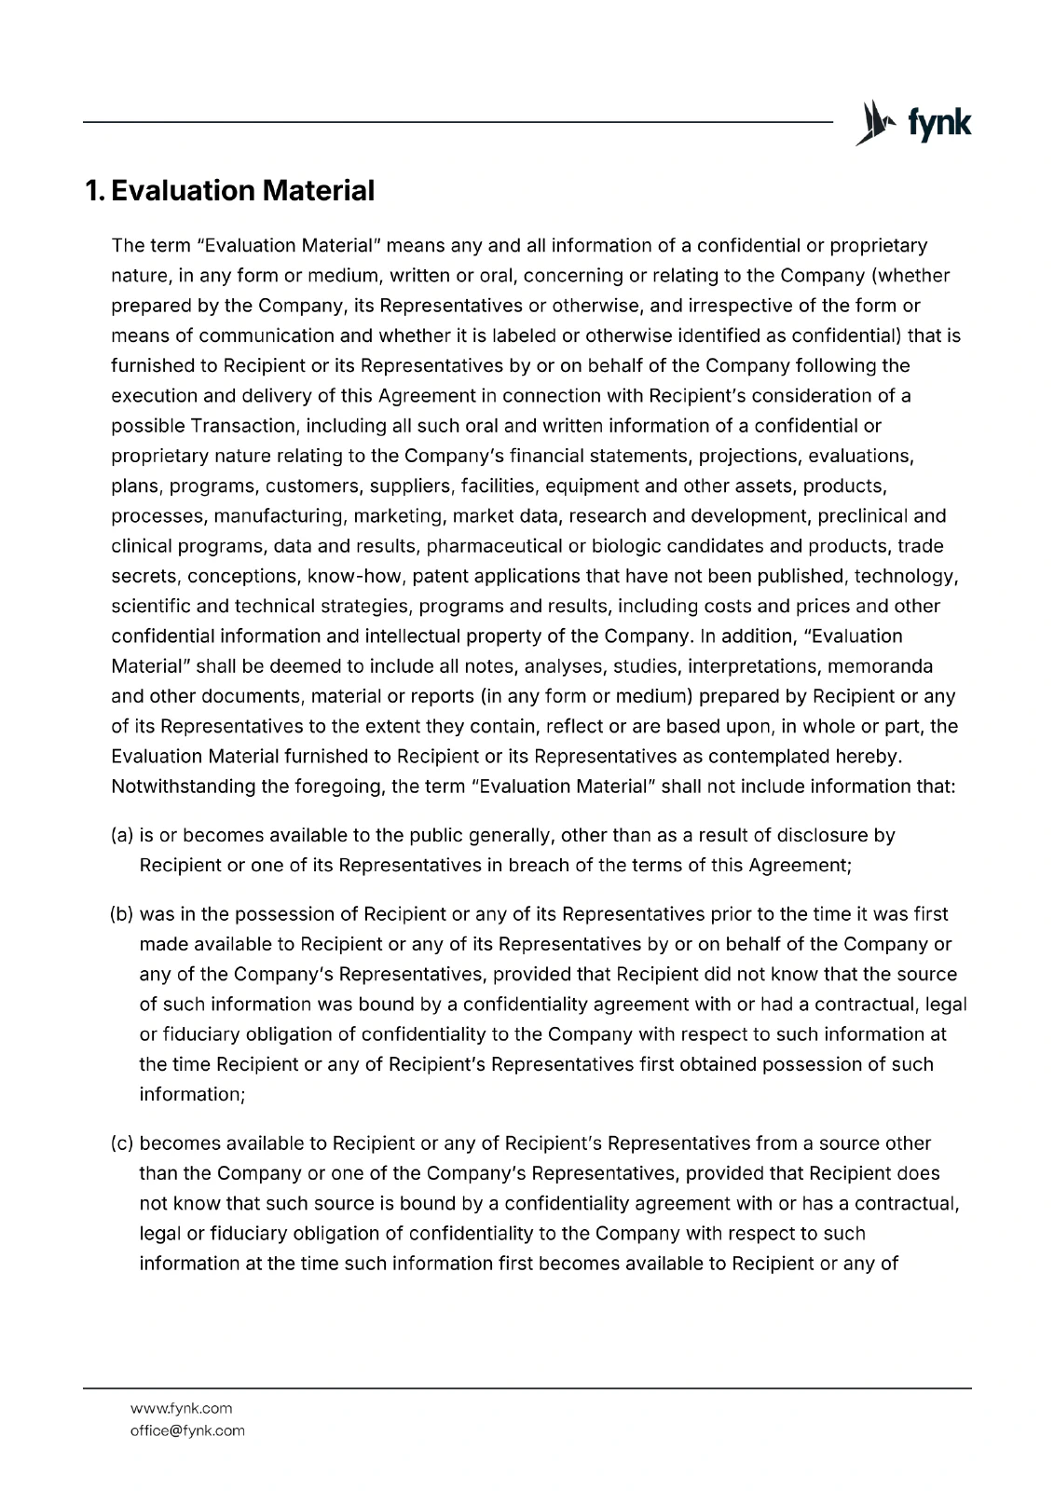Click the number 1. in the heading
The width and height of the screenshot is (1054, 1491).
pyautogui.click(x=94, y=191)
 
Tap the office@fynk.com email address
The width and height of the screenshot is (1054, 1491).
pyautogui.click(x=186, y=1430)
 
